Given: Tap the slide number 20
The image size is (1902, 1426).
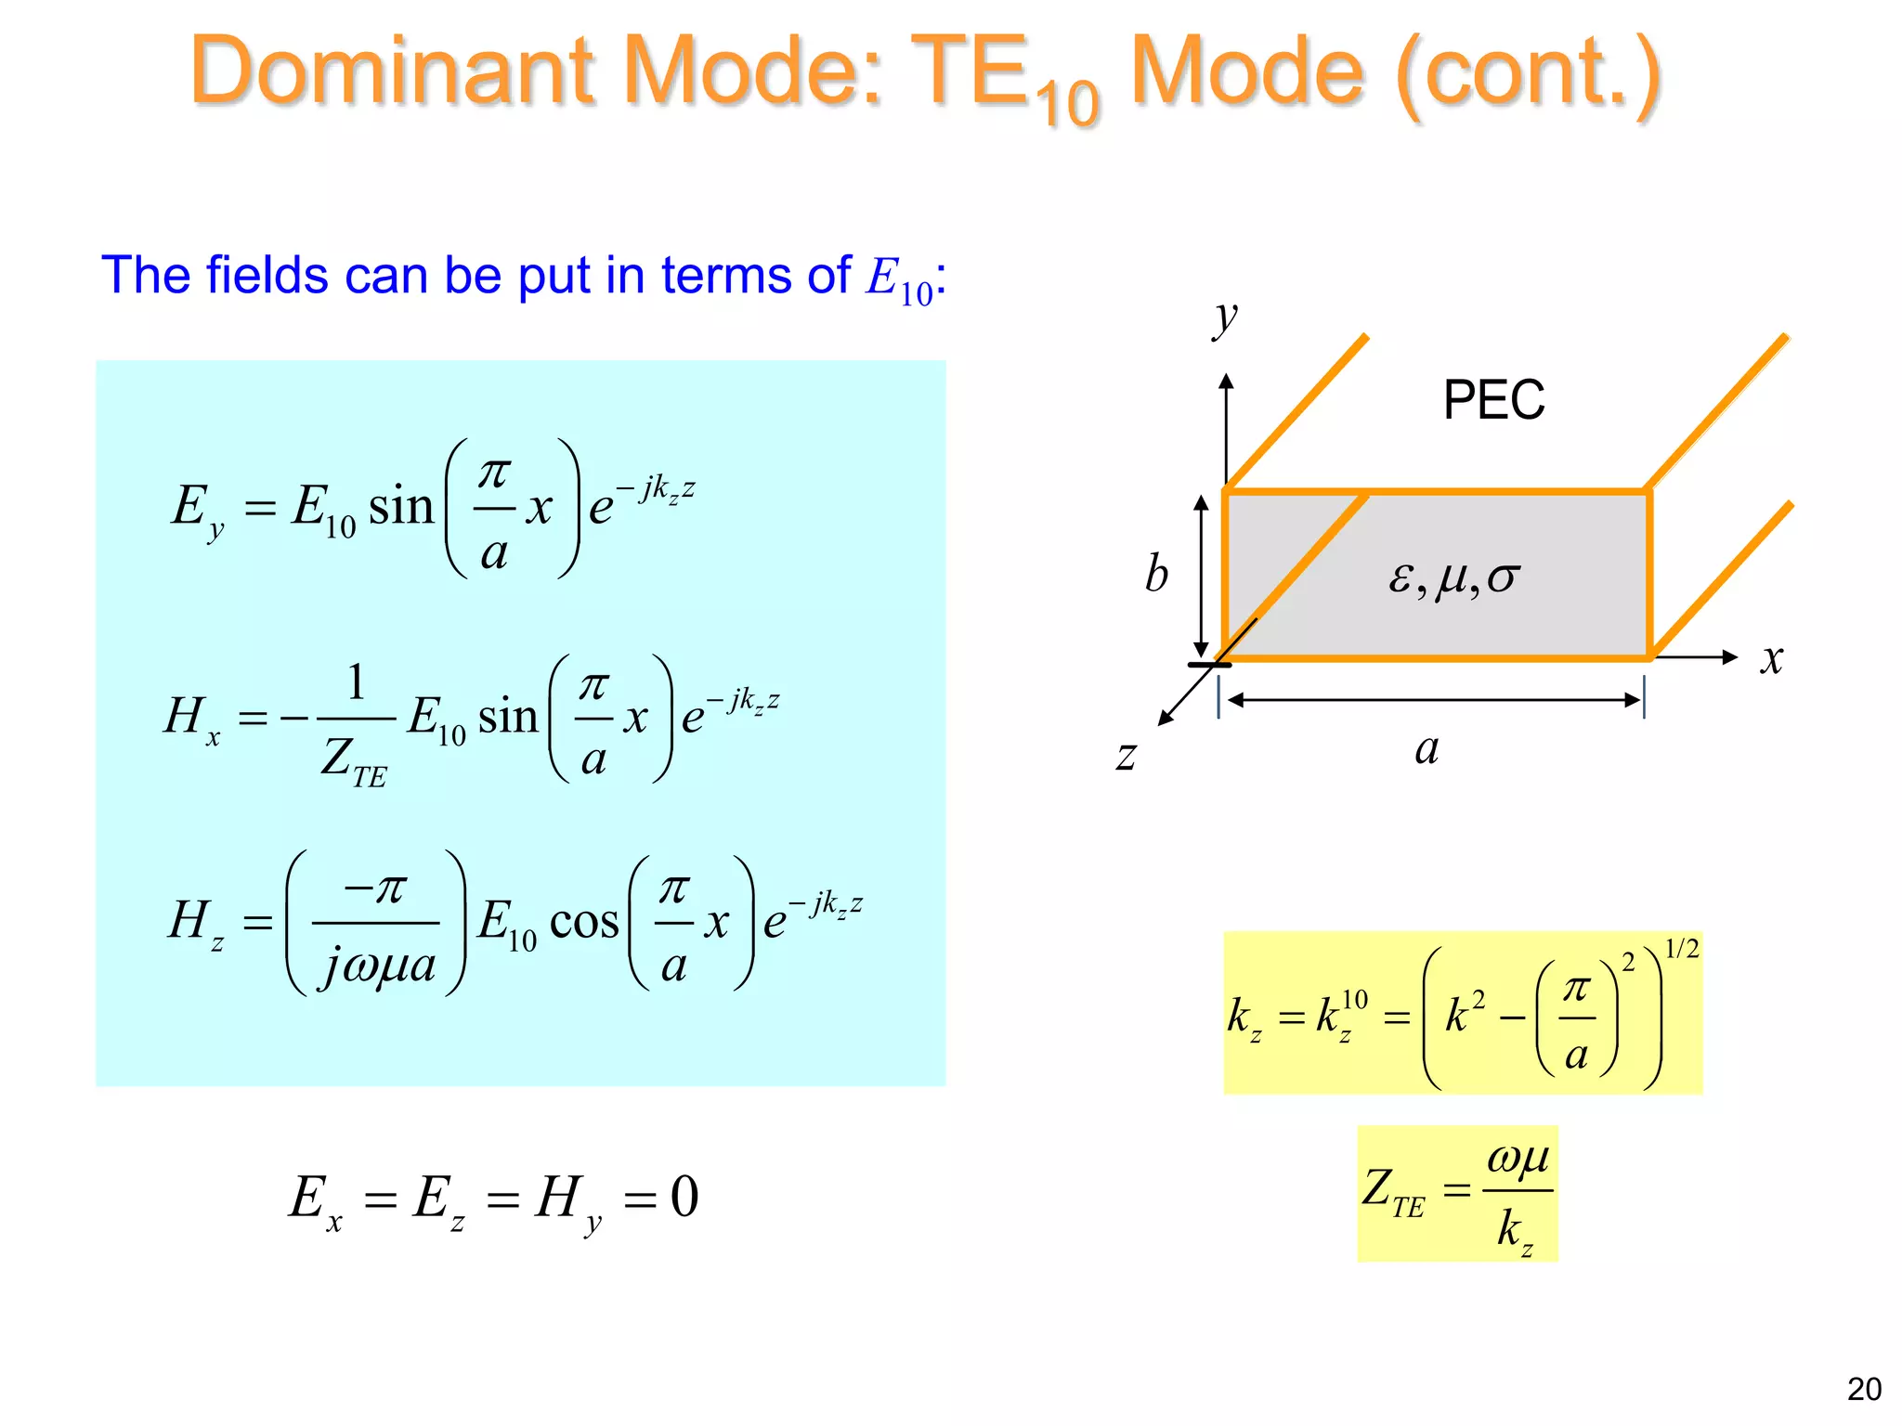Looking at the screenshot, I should click(1864, 1389).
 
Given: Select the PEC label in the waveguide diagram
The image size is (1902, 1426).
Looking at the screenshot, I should click(1493, 401).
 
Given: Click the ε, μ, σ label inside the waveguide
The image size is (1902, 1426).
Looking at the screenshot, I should click(1453, 577).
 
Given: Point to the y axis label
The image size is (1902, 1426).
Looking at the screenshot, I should click(1226, 318).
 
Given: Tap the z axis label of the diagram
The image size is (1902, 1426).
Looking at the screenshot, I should click(1127, 755).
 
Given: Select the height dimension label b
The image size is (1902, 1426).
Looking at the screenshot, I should click(1156, 574).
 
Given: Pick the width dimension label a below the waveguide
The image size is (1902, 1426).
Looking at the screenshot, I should click(1427, 748).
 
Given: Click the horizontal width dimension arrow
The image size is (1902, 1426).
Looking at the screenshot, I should click(1431, 700).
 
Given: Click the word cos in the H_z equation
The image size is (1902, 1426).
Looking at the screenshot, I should click(584, 922).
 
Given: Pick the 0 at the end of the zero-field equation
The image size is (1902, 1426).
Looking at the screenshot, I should click(684, 1197).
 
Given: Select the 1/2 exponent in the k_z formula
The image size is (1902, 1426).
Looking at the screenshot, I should click(1681, 949).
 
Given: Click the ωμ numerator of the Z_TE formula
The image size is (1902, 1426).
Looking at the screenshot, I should click(1518, 1158).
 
